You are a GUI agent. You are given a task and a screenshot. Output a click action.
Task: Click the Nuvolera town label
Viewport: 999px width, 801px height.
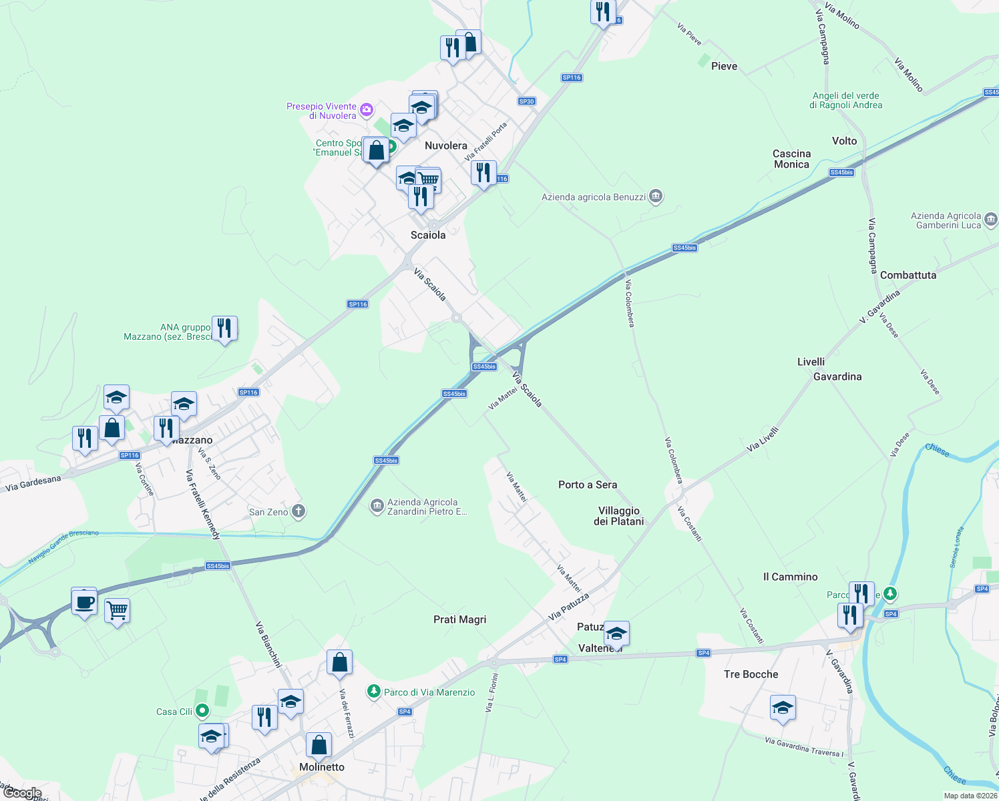point(446,146)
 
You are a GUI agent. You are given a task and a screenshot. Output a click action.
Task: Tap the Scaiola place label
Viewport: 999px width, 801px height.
point(428,235)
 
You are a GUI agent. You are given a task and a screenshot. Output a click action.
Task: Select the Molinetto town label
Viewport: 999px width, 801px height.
point(322,767)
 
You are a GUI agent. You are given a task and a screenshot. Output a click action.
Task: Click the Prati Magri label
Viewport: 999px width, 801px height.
point(460,619)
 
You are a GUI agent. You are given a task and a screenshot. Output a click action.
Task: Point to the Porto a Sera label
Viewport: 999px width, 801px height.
point(588,485)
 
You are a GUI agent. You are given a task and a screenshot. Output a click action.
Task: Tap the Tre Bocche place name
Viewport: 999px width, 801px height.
point(751,674)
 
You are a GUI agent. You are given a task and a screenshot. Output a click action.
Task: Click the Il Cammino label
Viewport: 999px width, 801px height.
point(791,577)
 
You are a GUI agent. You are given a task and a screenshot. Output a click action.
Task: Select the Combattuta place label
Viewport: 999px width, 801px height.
point(908,275)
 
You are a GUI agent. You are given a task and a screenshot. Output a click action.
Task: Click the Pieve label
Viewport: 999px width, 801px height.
point(725,66)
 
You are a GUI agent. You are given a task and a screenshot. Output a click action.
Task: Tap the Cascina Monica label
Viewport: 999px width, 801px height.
point(792,159)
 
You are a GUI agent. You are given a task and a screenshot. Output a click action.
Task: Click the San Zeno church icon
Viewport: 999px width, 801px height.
point(298,512)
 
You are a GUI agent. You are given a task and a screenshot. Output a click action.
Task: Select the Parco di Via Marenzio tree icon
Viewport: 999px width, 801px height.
point(374,692)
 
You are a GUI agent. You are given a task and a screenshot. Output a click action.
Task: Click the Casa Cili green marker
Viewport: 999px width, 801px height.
point(203,712)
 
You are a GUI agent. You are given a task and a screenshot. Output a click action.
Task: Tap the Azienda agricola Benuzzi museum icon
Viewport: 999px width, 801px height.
point(656,196)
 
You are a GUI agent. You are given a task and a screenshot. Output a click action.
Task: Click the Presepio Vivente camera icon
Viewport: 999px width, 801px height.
point(366,109)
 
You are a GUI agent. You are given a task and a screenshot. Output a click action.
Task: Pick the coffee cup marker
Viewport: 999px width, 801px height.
point(84,603)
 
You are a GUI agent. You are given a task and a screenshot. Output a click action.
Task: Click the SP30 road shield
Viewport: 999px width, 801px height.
point(527,101)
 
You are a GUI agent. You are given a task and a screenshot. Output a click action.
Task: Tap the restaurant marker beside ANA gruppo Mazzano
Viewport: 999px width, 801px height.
point(224,328)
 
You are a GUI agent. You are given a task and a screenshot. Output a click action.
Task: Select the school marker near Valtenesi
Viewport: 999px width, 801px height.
point(616,633)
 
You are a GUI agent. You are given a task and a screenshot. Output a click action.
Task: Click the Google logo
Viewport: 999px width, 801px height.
point(22,793)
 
